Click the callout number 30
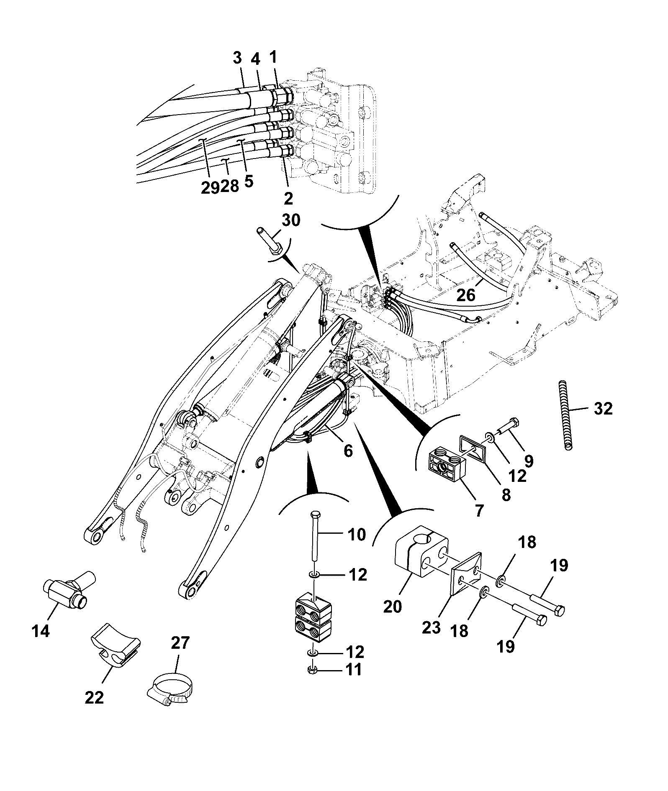[x=291, y=220]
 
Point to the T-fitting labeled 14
[x=70, y=588]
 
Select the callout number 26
[x=466, y=295]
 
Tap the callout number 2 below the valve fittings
[x=288, y=198]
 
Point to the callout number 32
[x=603, y=408]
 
